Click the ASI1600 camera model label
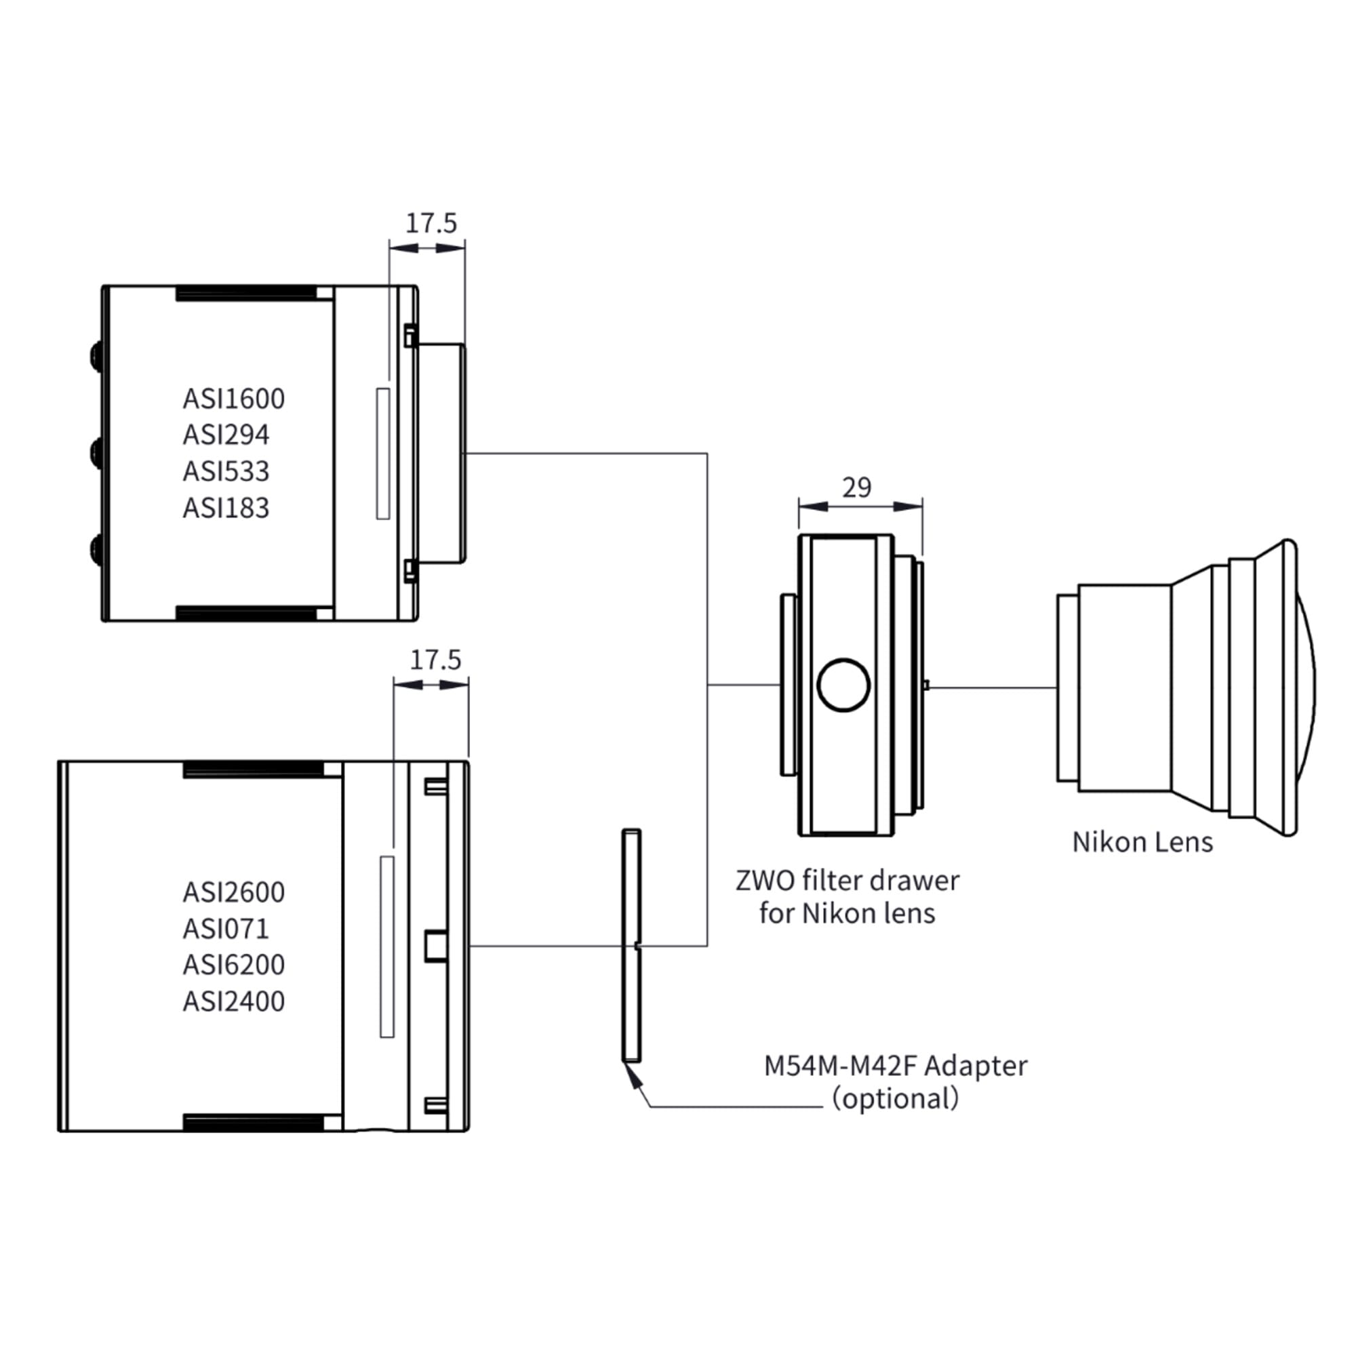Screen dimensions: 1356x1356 tap(234, 399)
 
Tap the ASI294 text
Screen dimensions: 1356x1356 tap(226, 435)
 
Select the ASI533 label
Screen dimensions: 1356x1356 tap(226, 472)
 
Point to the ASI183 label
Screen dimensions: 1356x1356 tap(226, 508)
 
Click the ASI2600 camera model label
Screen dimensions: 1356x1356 tap(234, 892)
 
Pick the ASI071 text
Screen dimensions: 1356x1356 tap(226, 929)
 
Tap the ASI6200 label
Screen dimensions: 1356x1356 tap(234, 965)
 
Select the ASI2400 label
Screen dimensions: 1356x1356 tap(234, 1001)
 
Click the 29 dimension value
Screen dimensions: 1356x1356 tap(856, 487)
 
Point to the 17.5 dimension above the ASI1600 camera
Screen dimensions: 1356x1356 tap(431, 223)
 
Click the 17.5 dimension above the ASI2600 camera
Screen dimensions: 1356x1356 tap(435, 660)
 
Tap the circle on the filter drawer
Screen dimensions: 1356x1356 tap(843, 685)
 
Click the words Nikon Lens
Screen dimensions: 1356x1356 tap(1142, 842)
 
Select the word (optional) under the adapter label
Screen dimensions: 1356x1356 tap(895, 1098)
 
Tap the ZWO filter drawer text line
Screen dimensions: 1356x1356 tap(847, 881)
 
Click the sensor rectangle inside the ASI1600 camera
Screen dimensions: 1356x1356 tap(383, 454)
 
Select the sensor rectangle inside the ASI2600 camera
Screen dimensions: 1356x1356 tap(386, 946)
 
